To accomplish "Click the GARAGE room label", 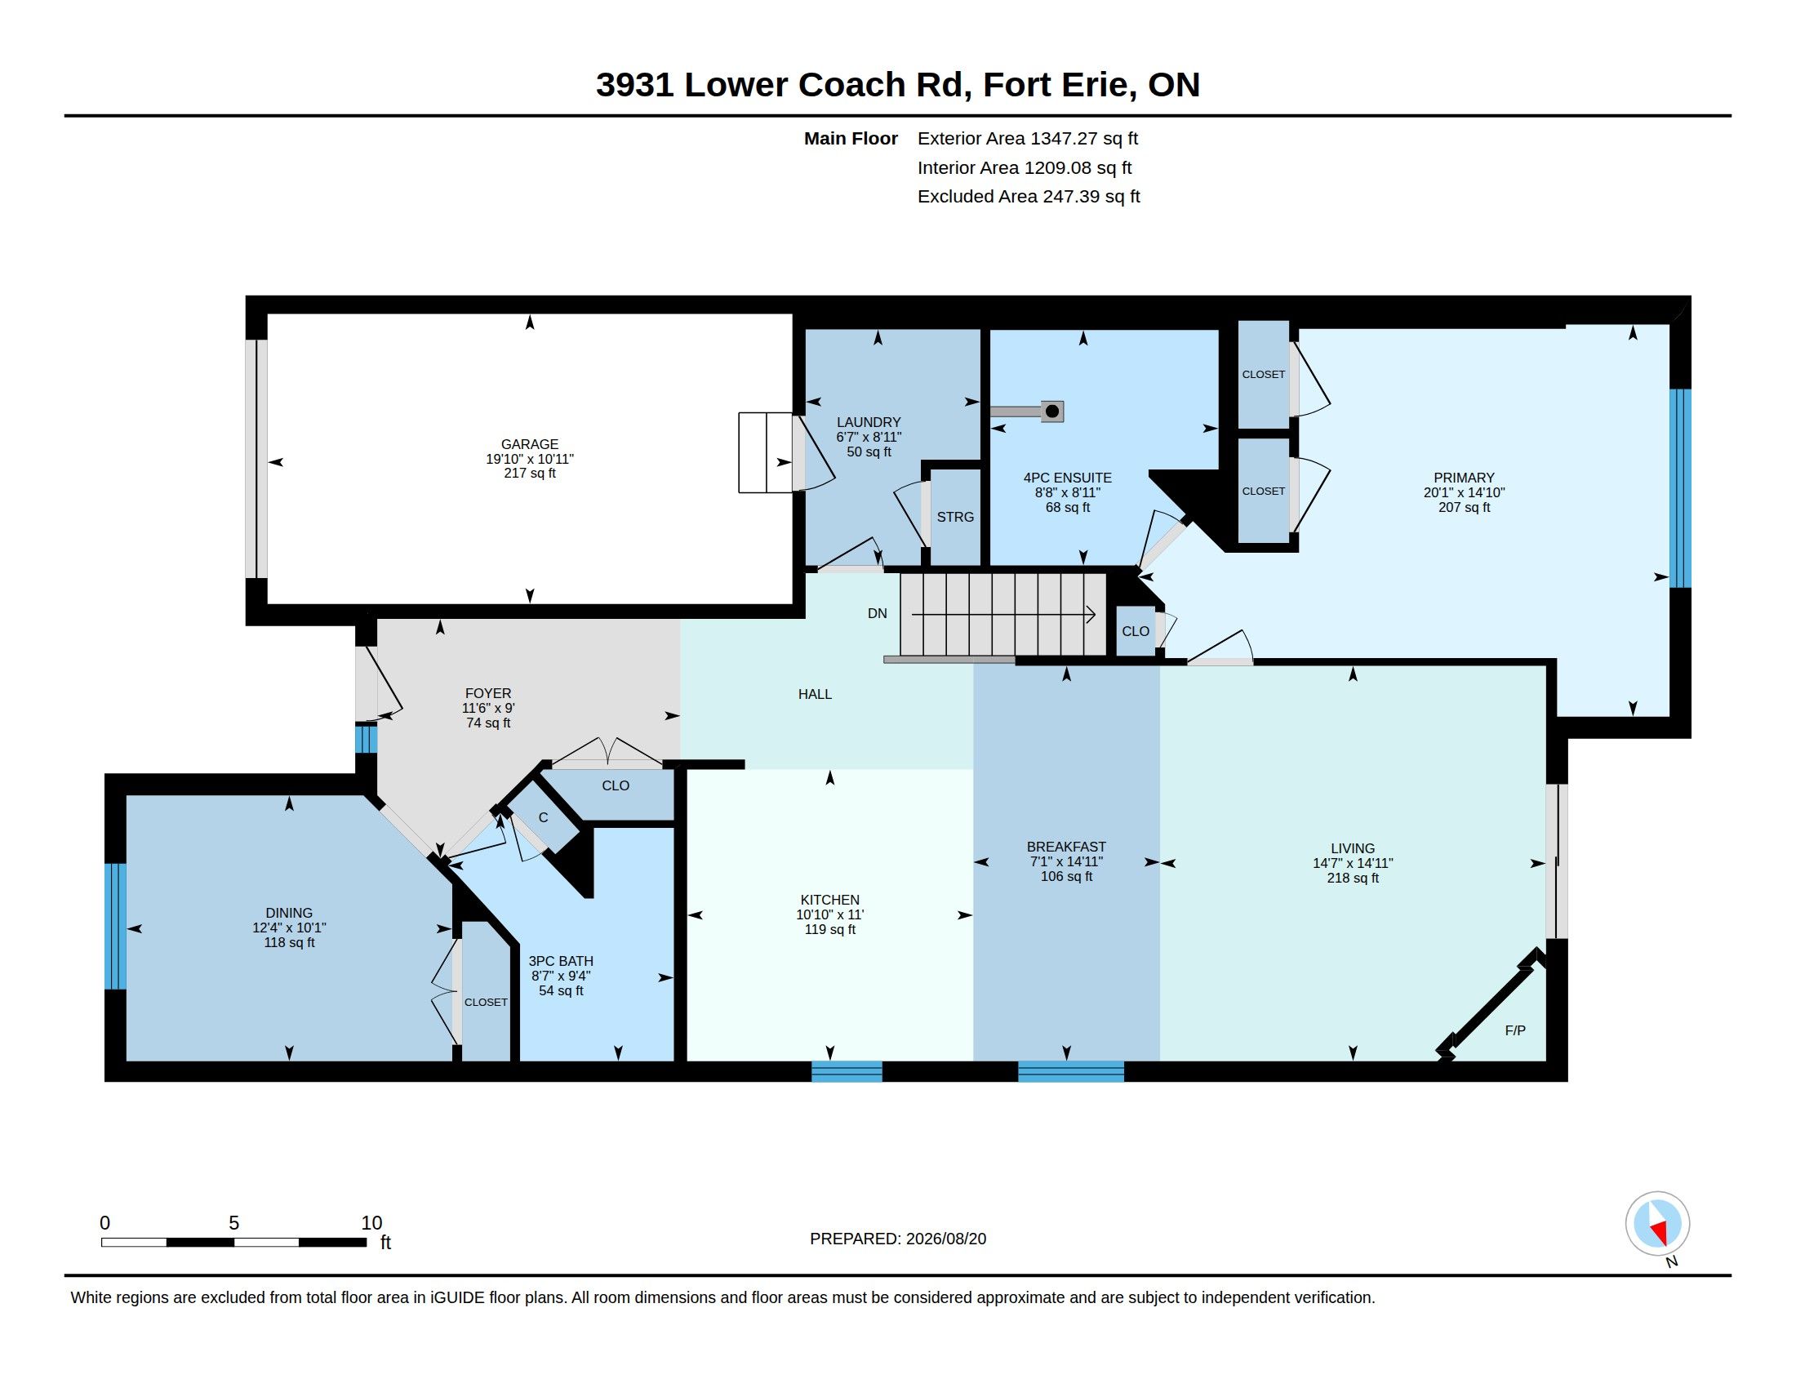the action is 530,444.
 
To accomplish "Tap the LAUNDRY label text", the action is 869,422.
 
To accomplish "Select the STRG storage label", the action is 955,517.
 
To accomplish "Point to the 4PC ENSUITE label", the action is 1068,478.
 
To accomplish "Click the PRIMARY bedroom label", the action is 1464,478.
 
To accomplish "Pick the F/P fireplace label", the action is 1514,1030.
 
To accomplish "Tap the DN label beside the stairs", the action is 878,613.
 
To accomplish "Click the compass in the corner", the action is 1658,1224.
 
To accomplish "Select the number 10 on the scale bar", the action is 371,1223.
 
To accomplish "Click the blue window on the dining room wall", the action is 116,926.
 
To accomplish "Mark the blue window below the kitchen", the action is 847,1071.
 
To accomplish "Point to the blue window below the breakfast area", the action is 1071,1071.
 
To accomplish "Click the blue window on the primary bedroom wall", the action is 1680,488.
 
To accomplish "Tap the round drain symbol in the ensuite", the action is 1051,412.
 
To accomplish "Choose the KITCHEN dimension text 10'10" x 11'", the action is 829,914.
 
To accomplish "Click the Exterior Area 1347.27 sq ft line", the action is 1028,139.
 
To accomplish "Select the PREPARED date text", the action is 898,1239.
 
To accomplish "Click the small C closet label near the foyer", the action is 544,818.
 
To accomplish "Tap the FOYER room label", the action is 488,693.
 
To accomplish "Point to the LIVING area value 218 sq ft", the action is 1353,879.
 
